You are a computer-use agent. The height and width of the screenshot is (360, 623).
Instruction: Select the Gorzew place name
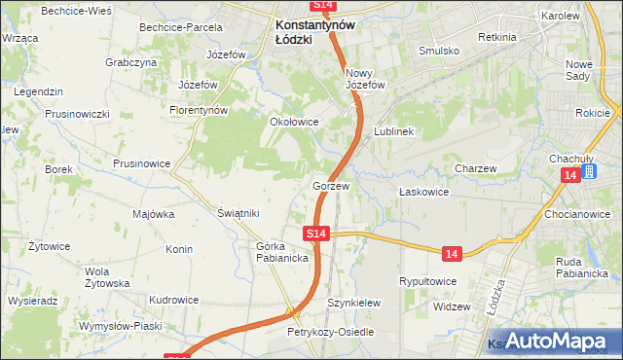point(331,185)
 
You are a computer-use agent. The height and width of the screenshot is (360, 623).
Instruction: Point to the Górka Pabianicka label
point(282,252)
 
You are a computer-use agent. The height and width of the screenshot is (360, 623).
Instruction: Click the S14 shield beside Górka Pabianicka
point(315,234)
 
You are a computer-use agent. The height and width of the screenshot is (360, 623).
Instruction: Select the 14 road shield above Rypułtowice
point(450,253)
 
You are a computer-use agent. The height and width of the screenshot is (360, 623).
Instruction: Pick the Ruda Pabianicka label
point(582,267)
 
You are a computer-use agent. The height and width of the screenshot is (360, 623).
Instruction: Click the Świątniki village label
point(238,212)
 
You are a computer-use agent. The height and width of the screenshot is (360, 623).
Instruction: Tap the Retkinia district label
point(497,36)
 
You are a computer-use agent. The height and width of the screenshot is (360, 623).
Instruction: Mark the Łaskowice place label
point(423,192)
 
